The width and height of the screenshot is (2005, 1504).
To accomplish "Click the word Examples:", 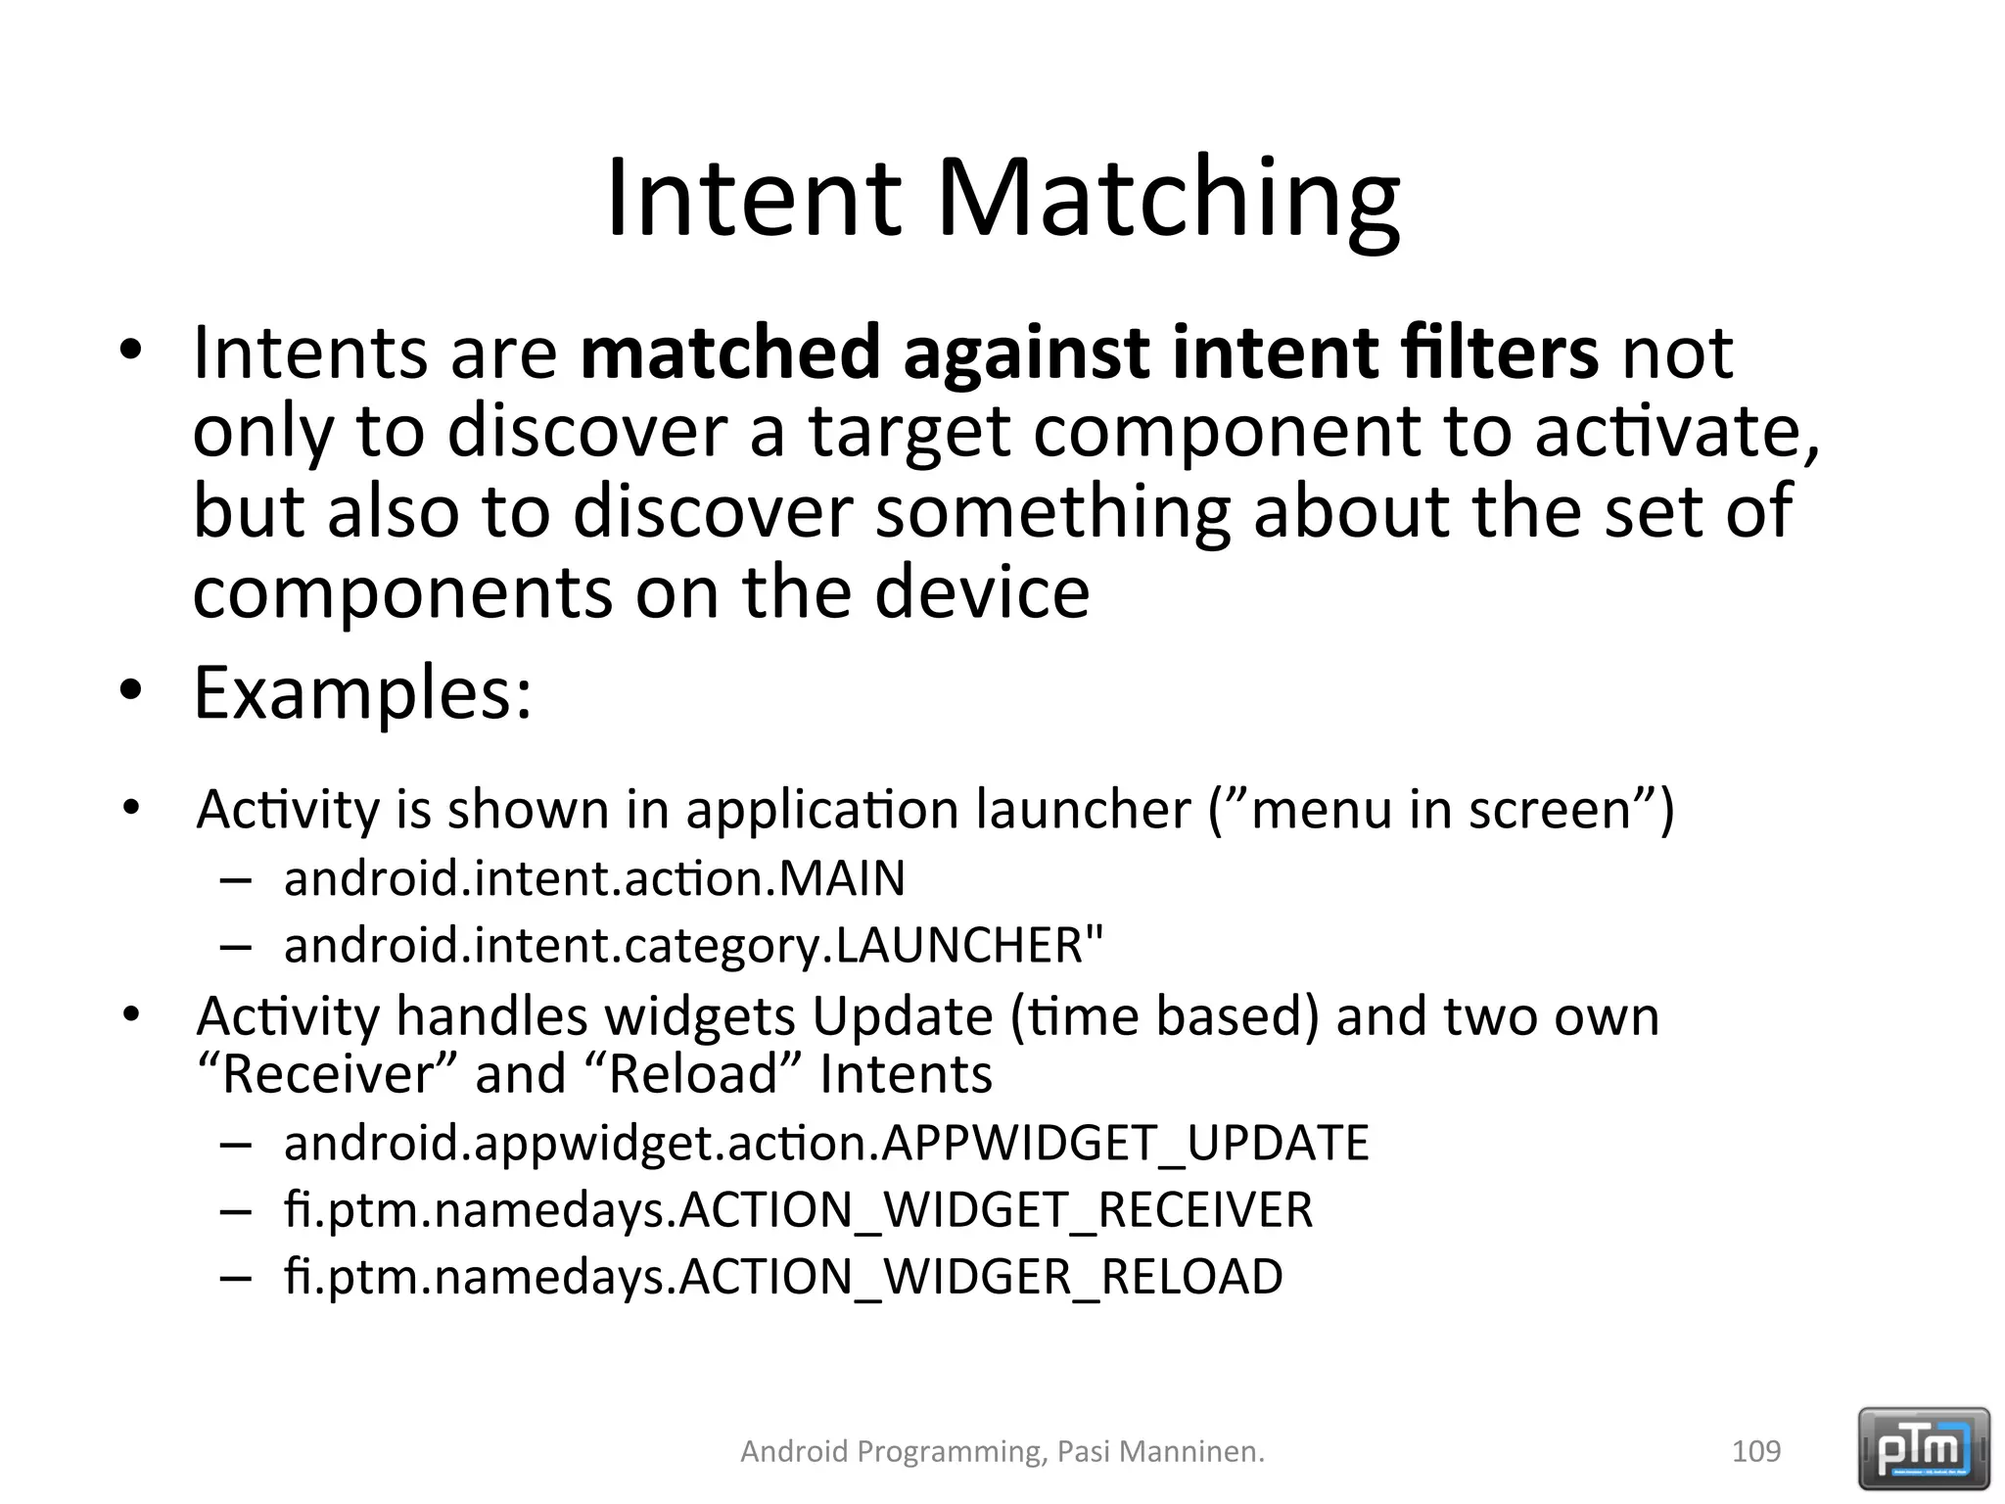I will (363, 693).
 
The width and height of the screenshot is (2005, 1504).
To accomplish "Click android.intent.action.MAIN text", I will (594, 878).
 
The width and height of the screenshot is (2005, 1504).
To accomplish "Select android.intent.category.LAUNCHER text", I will (693, 946).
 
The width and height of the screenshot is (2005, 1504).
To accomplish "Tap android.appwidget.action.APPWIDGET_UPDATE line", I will (825, 1143).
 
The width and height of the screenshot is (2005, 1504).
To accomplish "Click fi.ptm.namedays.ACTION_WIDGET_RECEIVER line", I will (798, 1210).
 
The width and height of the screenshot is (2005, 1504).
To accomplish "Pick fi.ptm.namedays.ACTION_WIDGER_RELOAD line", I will (783, 1277).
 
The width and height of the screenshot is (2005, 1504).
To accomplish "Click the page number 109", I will (1756, 1451).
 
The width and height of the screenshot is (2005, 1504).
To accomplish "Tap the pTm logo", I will (1924, 1448).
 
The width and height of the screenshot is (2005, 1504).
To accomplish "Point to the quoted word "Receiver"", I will (327, 1074).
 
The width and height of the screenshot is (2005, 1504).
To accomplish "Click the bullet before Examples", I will (131, 691).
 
